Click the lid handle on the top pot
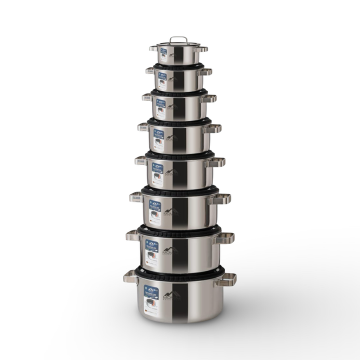178,39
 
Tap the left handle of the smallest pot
153,48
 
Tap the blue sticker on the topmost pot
163,51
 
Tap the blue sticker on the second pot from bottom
152,245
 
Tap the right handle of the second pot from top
205,72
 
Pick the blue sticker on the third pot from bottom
155,205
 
